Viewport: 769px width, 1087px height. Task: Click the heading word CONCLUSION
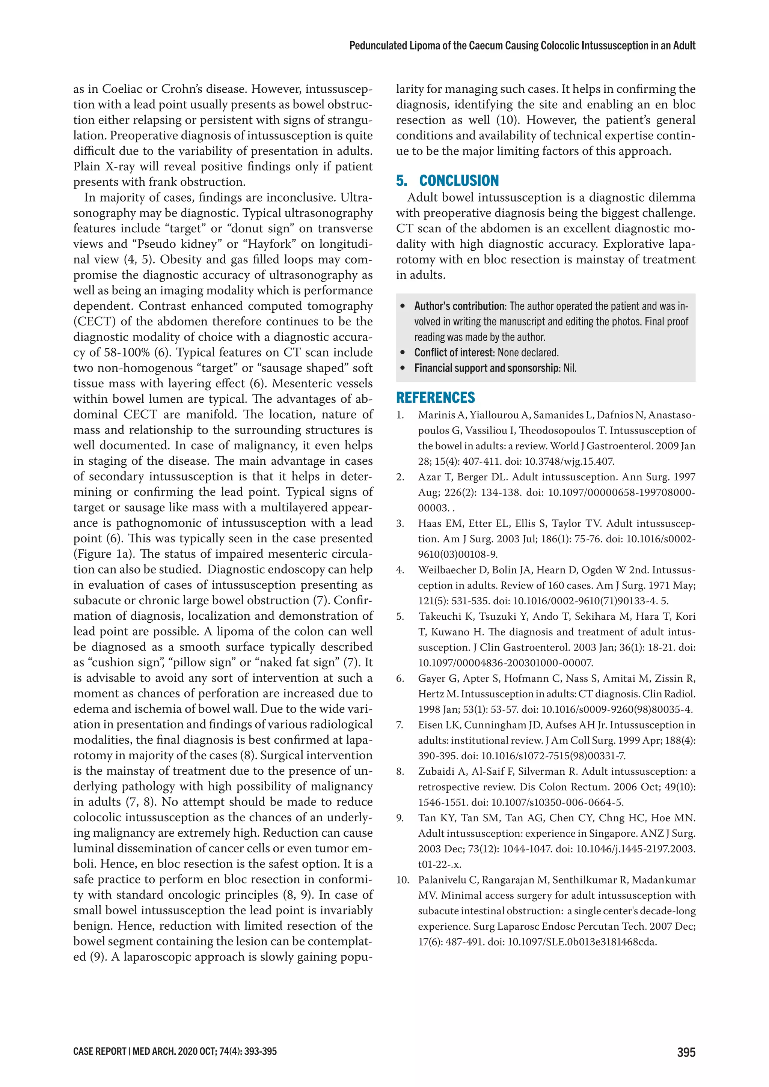click(x=459, y=181)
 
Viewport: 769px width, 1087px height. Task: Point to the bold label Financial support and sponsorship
click(x=487, y=368)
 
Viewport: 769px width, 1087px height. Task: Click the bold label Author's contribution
click(x=459, y=306)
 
